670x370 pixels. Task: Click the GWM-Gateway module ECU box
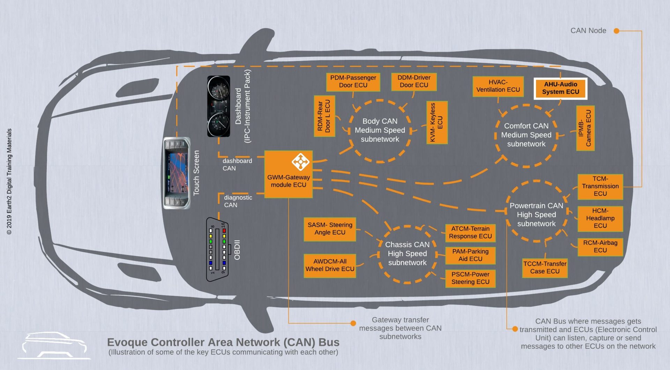pyautogui.click(x=288, y=175)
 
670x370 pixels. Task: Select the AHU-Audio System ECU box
pyautogui.click(x=560, y=88)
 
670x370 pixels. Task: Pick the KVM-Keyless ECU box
pyautogui.click(x=437, y=123)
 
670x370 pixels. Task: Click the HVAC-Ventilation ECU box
pyautogui.click(x=498, y=86)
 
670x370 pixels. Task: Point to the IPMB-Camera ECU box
pyautogui.click(x=585, y=128)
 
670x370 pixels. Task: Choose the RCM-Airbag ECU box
pyautogui.click(x=600, y=247)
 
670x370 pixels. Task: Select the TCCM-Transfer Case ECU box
pyautogui.click(x=545, y=268)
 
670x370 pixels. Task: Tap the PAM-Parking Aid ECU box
pyautogui.click(x=470, y=255)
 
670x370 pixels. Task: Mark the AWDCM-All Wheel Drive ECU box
pyautogui.click(x=330, y=265)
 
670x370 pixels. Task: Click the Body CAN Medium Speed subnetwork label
pyautogui.click(x=380, y=130)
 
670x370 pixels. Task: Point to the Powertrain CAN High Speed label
pyautogui.click(x=536, y=215)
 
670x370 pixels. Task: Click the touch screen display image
pyautogui.click(x=177, y=173)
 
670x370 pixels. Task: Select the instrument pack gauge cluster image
pyautogui.click(x=219, y=106)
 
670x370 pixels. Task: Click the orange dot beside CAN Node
pyautogui.click(x=617, y=31)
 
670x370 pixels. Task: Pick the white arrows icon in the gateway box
pyautogui.click(x=300, y=162)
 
